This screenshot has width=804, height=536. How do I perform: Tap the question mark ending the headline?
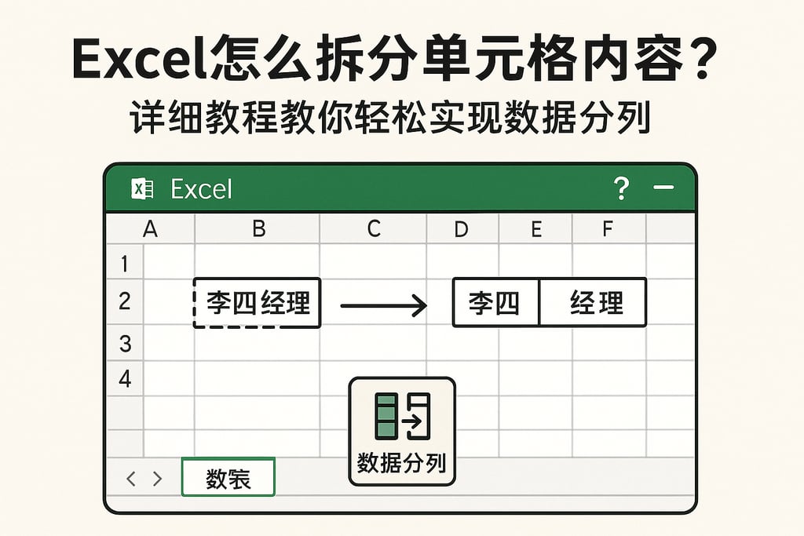693,58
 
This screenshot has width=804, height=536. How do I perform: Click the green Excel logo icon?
142,189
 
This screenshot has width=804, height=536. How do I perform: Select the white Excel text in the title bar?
201,189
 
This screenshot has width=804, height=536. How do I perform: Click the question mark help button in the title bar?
621,188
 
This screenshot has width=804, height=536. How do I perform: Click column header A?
149,228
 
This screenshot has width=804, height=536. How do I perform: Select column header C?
374,228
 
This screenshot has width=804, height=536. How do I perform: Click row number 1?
124,264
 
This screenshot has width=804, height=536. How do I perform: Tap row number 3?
124,343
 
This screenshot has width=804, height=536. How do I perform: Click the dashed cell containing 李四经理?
257,302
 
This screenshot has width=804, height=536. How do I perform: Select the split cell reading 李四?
495,302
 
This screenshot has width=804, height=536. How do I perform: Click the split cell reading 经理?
594,302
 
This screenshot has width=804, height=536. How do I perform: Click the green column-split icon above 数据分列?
402,415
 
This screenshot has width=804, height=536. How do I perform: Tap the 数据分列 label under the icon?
401,463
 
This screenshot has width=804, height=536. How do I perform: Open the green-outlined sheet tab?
228,478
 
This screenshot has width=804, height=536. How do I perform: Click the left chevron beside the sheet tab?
131,479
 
